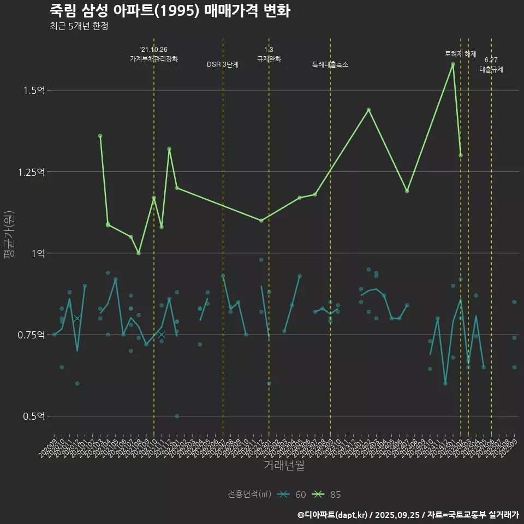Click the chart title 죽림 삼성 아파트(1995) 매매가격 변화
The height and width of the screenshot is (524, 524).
pyautogui.click(x=169, y=10)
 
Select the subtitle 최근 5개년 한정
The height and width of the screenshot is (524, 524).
pyautogui.click(x=79, y=26)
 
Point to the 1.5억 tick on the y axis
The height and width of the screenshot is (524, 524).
pyautogui.click(x=34, y=90)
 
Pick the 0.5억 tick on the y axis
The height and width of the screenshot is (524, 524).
pyautogui.click(x=34, y=416)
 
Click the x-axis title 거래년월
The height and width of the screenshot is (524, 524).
pyautogui.click(x=284, y=465)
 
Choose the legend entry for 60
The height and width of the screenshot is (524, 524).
pyautogui.click(x=291, y=495)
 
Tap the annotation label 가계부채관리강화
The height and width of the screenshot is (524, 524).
pyautogui.click(x=154, y=59)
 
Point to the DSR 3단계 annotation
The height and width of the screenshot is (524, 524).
pyautogui.click(x=223, y=64)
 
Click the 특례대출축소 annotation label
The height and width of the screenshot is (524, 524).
pyautogui.click(x=330, y=64)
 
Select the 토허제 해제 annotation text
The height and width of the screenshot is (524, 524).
pyautogui.click(x=461, y=54)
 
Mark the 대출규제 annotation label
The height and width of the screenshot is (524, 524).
pyautogui.click(x=491, y=69)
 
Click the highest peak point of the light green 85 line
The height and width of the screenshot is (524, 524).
pyautogui.click(x=453, y=64)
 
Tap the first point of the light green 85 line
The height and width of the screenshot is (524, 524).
pyautogui.click(x=100, y=135)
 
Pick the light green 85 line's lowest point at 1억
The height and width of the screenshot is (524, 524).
pyautogui.click(x=139, y=253)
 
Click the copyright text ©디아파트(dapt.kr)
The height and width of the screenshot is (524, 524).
pyautogui.click(x=333, y=514)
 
